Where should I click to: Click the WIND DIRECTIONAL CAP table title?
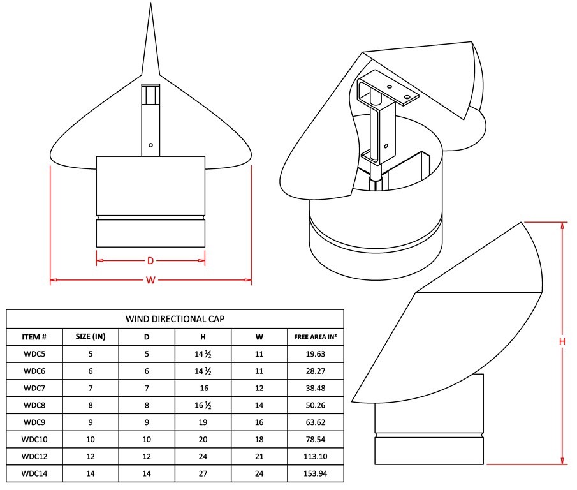(175, 319)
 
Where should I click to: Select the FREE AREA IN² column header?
(316, 336)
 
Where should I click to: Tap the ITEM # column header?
(34, 337)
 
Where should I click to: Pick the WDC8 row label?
(34, 405)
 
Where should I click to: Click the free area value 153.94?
(316, 473)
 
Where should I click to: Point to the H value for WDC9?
(203, 422)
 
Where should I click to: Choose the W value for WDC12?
(259, 456)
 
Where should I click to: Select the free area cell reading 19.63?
(316, 354)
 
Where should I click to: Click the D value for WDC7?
(147, 388)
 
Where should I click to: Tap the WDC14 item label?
(34, 473)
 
